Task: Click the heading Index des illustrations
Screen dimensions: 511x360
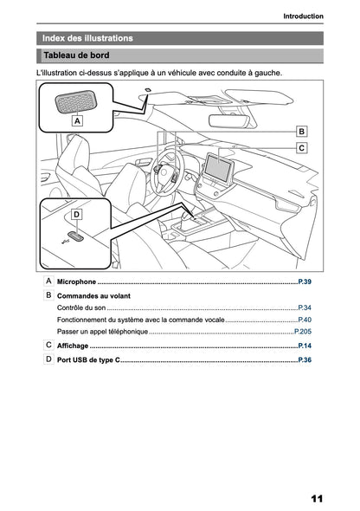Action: [x=88, y=38]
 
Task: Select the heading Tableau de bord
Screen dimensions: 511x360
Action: [x=76, y=55]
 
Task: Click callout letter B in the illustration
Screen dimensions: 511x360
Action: [x=301, y=131]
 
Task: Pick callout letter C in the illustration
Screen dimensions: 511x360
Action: [x=301, y=148]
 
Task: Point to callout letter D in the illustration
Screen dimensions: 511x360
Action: [x=76, y=213]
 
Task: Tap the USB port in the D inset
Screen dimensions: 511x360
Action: [x=75, y=235]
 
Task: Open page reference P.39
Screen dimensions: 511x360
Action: [x=305, y=282]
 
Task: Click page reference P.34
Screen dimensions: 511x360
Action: [x=305, y=307]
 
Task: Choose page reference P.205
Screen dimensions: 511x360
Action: [x=303, y=332]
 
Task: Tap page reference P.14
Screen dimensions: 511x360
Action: [x=305, y=346]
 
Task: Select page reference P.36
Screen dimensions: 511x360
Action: [x=305, y=359]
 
